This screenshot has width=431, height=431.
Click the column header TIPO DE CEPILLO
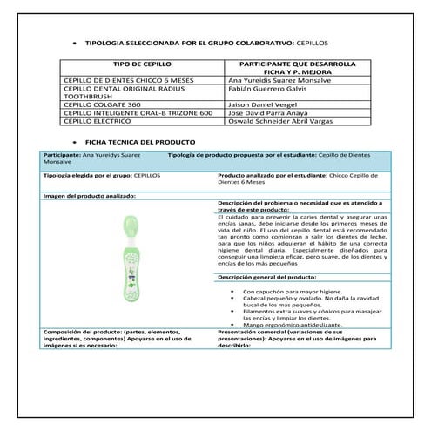[x=139, y=64]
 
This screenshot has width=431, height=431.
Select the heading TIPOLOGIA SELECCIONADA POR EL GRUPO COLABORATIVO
[x=200, y=43]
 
